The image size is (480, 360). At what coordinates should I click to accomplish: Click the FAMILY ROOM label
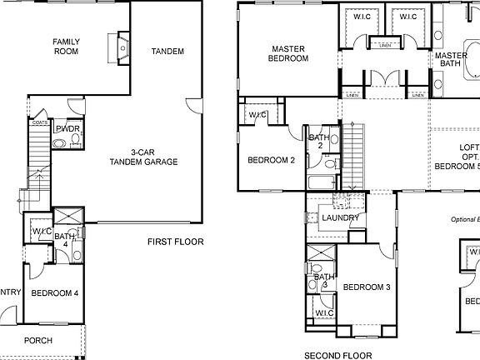coord(66,47)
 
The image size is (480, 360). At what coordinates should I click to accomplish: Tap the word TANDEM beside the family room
coord(167,52)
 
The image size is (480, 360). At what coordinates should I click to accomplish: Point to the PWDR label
coord(67,129)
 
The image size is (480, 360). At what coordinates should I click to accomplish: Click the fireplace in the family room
coord(122,47)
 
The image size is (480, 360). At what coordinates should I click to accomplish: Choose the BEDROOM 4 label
coord(55,293)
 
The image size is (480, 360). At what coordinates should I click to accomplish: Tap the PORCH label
coord(38,340)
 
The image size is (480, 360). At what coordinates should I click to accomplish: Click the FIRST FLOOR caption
coord(176,242)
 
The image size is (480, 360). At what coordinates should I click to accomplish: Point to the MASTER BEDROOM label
coord(287,52)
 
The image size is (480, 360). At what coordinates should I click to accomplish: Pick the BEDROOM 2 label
coord(272,161)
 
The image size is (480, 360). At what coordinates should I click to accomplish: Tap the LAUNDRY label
coord(340,218)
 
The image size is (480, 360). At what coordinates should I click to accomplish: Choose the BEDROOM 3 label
coord(367,287)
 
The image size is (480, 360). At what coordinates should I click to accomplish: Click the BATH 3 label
coord(322,281)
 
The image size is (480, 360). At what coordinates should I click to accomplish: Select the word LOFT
coord(469,147)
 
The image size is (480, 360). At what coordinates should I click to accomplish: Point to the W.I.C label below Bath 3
coord(324,313)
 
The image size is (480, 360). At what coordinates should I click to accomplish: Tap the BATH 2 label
coord(318,142)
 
